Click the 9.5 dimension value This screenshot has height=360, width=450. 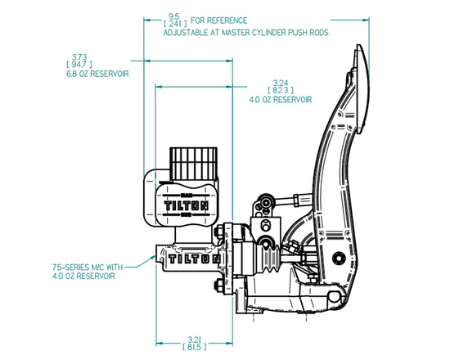coord(174,16)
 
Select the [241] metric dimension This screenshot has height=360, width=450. coord(174,25)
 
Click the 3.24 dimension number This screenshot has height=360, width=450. coord(281,83)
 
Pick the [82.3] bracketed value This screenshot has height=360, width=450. coord(281,91)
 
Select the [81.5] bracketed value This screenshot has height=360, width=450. coord(193,346)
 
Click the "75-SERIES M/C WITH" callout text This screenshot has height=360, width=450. coord(89,267)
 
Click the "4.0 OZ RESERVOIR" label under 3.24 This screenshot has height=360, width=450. coord(281,100)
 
